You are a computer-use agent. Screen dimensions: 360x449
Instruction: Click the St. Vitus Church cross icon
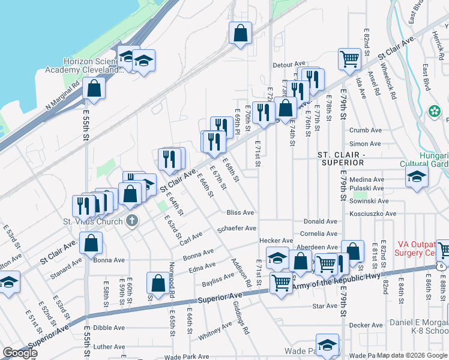tap(133, 221)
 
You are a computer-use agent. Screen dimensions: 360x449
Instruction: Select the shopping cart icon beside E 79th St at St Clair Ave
tap(349, 58)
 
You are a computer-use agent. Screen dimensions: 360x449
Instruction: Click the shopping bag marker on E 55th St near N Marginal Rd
tap(94, 89)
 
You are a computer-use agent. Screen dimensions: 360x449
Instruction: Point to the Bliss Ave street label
tap(240, 213)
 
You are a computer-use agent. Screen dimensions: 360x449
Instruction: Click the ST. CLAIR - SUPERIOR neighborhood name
tap(341, 158)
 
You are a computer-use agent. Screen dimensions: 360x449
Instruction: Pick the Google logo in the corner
tap(20, 352)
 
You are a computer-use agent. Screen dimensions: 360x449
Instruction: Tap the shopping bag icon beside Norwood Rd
tap(157, 284)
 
